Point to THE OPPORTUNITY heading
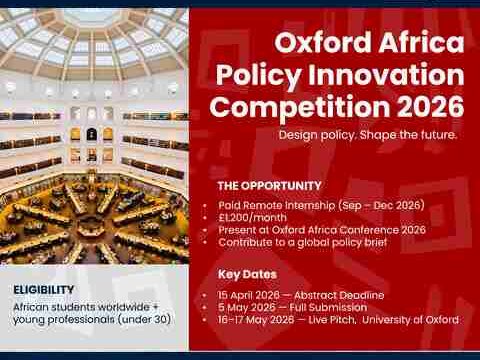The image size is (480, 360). point(269,185)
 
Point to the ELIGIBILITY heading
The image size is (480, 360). point(44,289)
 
